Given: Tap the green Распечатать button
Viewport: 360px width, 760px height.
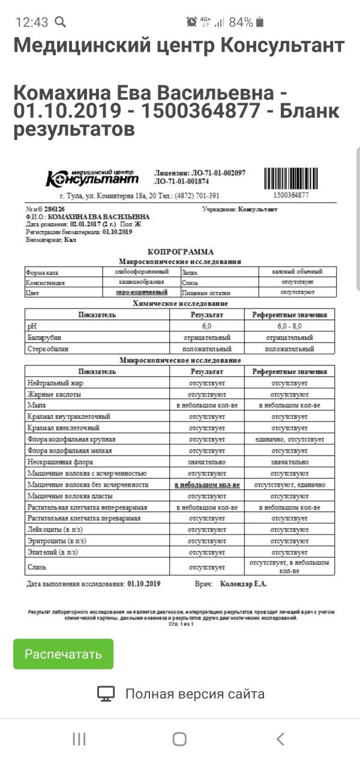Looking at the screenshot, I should point(63,654).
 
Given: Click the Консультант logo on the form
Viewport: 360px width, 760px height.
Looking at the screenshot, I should point(92,177).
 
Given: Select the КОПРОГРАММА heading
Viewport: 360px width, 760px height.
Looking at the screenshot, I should point(180,252).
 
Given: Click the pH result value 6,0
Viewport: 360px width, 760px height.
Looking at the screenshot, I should point(206,325).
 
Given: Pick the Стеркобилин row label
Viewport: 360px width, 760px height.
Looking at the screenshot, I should point(49,349).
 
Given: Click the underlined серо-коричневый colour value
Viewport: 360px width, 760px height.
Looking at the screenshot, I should point(142,292).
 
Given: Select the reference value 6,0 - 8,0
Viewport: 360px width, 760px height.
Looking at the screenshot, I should point(289,325).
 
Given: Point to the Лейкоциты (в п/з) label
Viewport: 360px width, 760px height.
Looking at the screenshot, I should point(56,529).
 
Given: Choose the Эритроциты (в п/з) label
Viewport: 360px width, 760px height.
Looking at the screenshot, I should point(58,541).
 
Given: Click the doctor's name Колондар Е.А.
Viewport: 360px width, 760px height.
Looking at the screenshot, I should point(244,583).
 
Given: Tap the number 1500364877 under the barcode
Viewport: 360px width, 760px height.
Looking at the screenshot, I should point(290,195).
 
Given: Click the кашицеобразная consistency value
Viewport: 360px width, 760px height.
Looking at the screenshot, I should point(142,282).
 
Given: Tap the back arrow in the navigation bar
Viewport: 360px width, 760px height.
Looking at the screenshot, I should point(280,739).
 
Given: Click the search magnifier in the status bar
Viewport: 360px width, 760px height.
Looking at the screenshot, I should point(60,22).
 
